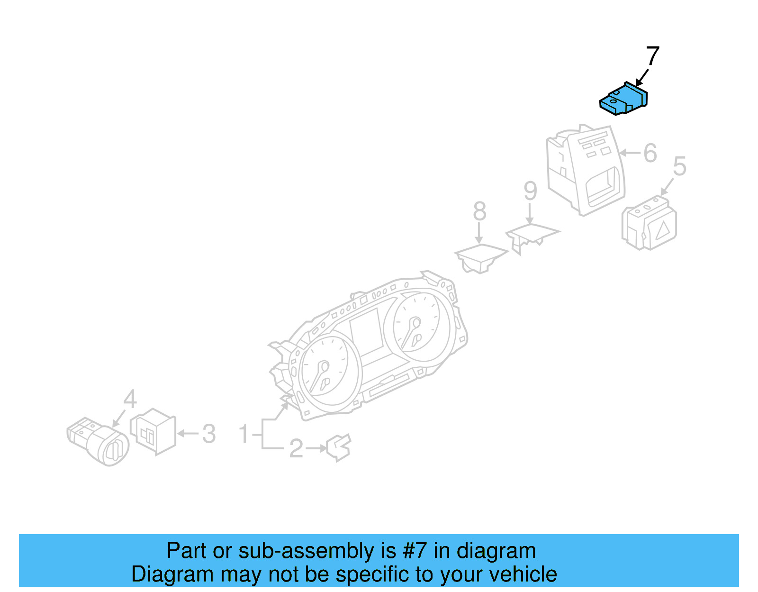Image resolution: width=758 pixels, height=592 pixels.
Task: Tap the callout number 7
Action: (x=652, y=56)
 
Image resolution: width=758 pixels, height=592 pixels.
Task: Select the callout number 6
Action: (x=650, y=153)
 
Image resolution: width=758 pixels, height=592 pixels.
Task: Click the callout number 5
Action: (x=679, y=166)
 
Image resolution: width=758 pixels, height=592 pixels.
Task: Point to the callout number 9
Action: (x=530, y=191)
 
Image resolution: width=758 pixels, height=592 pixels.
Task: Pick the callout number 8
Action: (x=479, y=211)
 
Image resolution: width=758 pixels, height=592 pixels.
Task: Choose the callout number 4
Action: (x=130, y=399)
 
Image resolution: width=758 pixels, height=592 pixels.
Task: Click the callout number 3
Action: (x=209, y=434)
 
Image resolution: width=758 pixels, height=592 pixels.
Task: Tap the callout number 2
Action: (x=296, y=448)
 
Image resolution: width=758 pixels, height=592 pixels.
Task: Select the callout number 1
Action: (x=244, y=434)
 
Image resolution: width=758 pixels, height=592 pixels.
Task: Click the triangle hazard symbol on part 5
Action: (x=663, y=230)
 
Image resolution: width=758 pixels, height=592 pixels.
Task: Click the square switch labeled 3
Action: (x=153, y=432)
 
